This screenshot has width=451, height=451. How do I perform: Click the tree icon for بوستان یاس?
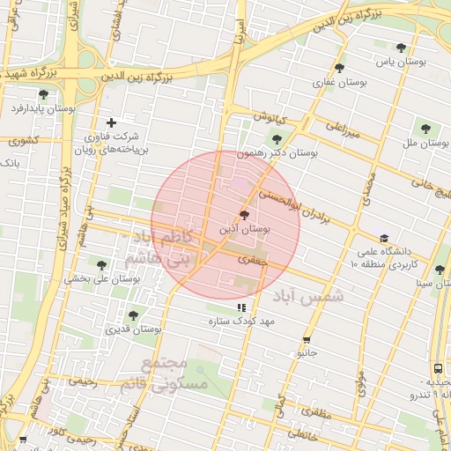coord(402,48)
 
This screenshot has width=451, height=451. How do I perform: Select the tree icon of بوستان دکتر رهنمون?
coord(277,138)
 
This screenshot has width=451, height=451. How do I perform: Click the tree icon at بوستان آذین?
coord(244,214)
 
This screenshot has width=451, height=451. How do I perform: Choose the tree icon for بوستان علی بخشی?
coord(101,264)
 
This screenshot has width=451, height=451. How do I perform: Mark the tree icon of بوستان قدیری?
coord(133,314)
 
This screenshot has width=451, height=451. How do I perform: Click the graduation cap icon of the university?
coord(383,238)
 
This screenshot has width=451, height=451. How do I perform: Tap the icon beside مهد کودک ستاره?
coord(241,307)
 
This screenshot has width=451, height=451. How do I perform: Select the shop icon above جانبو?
coord(307,339)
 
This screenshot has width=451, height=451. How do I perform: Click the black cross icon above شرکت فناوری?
coord(111,122)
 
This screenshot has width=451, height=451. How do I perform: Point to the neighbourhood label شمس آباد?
coord(307,295)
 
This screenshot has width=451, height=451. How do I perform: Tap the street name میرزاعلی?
coord(344,129)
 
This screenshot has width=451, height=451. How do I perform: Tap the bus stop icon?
coord(438,369)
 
